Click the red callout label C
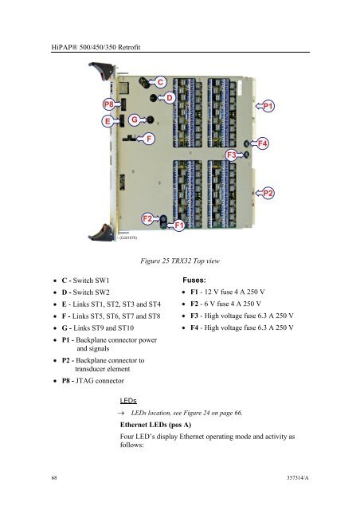(x=160, y=82)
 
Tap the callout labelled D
(x=169, y=97)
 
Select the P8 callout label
(x=108, y=104)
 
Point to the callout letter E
(x=108, y=121)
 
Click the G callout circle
(x=135, y=120)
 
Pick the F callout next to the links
(x=149, y=139)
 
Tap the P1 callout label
(x=268, y=106)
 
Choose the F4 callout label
(x=263, y=143)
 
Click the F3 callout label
(x=231, y=155)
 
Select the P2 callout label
(x=268, y=193)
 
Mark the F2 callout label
(x=147, y=218)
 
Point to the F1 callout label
(x=179, y=225)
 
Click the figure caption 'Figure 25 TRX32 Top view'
(x=180, y=261)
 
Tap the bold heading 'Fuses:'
(x=194, y=280)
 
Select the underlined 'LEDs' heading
(x=128, y=401)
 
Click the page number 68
(x=54, y=478)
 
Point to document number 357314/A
(x=298, y=478)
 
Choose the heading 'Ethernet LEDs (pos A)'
(x=155, y=425)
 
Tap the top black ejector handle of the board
(x=101, y=70)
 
